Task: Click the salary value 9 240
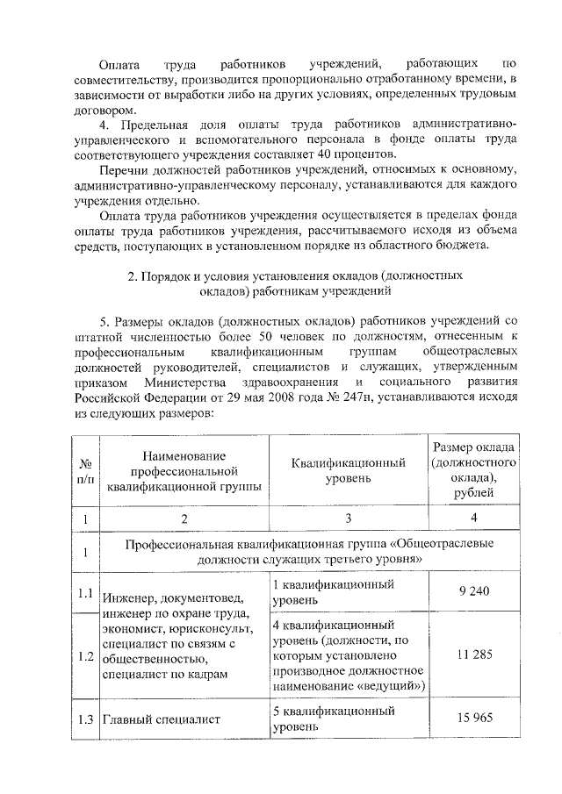(474, 592)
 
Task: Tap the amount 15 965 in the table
(474, 719)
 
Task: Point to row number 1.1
(85, 592)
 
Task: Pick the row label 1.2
(85, 655)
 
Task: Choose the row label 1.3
(85, 719)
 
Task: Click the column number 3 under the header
(348, 519)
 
